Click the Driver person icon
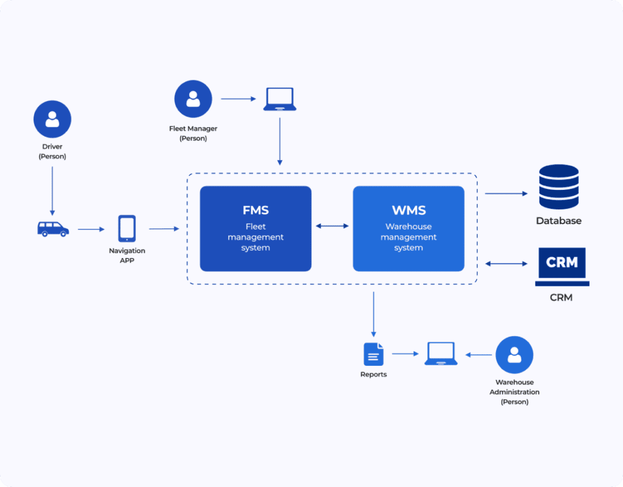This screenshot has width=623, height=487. coord(52,119)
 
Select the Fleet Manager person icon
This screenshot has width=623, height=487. coord(193,99)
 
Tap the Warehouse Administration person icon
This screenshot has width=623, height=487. coord(514,354)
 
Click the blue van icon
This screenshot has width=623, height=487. coord(53,229)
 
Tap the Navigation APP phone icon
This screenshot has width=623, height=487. coord(127,229)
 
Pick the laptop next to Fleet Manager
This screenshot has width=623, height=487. coord(280,99)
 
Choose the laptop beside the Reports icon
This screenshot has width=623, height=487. coord(441,354)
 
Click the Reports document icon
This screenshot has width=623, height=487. coord(374,354)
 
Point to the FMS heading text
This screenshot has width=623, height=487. coord(256,211)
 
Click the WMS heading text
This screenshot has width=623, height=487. coord(408,211)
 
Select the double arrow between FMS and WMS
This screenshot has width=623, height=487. coord(332,226)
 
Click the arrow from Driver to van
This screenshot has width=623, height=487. coord(52,190)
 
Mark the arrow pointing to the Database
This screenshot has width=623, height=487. coord(506,194)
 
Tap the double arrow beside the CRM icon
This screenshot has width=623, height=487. coord(506,264)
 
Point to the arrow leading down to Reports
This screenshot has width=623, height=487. coord(373,314)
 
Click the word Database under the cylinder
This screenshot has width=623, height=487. coord(559,221)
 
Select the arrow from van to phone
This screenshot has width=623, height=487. coord(91,229)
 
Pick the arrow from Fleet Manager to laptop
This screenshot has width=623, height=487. coord(238,99)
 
